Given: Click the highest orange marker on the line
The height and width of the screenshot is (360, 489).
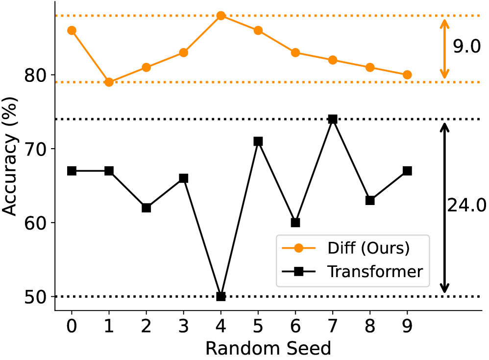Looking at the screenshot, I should click(221, 16).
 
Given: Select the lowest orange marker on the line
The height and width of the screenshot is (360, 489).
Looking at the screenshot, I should click(109, 82).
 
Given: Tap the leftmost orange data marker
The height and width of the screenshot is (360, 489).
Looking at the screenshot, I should click(72, 30).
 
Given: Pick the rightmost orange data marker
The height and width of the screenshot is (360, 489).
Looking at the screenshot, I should click(407, 75).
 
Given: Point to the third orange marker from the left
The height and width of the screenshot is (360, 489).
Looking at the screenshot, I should click(147, 67).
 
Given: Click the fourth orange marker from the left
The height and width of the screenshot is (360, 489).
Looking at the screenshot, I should click(184, 52).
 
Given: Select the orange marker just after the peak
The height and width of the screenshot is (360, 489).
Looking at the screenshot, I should click(258, 30).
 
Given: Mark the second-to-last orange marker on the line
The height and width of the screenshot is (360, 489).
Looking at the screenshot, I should click(370, 67).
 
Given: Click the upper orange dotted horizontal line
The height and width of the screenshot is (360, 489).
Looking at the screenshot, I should click(343, 16).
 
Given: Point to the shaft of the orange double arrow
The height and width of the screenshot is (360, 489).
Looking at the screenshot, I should click(444, 49).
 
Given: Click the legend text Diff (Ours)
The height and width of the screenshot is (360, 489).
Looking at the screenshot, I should click(368, 248).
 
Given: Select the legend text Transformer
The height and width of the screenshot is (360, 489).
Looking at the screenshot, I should click(375, 271).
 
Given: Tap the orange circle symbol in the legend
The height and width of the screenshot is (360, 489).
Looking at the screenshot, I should click(298, 248).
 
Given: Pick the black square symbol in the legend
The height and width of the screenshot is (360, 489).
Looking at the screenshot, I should click(298, 271).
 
